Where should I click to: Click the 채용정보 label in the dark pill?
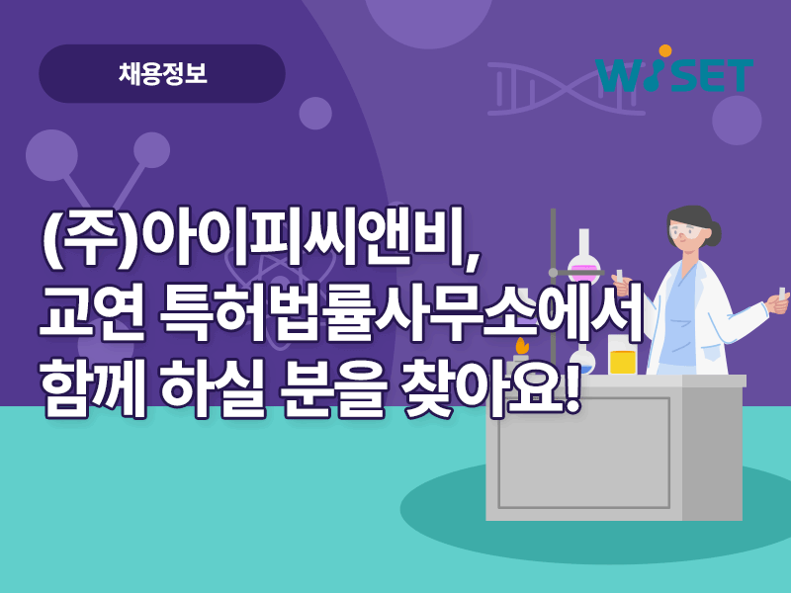[x=162, y=74]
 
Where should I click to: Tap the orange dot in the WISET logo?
[x=664, y=50]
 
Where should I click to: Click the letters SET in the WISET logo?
[x=713, y=76]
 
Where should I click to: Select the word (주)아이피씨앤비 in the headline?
[x=261, y=236]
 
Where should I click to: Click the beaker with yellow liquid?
[x=622, y=356]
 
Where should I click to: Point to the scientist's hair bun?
[x=714, y=233]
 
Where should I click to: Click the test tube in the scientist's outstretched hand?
[x=782, y=294]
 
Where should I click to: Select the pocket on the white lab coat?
[x=712, y=352]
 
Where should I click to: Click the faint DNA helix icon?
[x=566, y=89]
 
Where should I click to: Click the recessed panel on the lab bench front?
[x=584, y=453]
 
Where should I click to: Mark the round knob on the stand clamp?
[x=553, y=273]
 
